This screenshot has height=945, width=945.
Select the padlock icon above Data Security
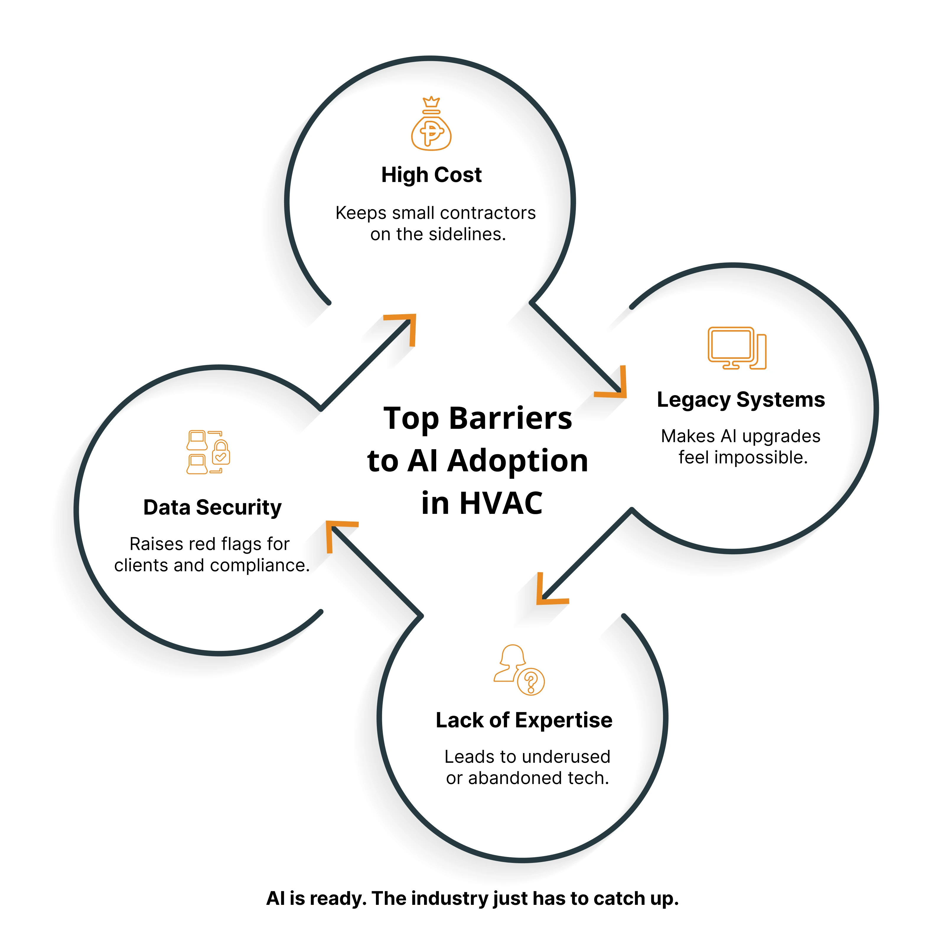pyautogui.click(x=221, y=452)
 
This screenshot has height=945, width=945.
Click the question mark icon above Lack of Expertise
pyautogui.click(x=531, y=681)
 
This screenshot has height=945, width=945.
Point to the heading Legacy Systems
pyautogui.click(x=741, y=400)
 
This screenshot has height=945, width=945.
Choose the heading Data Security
pyautogui.click(x=212, y=507)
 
